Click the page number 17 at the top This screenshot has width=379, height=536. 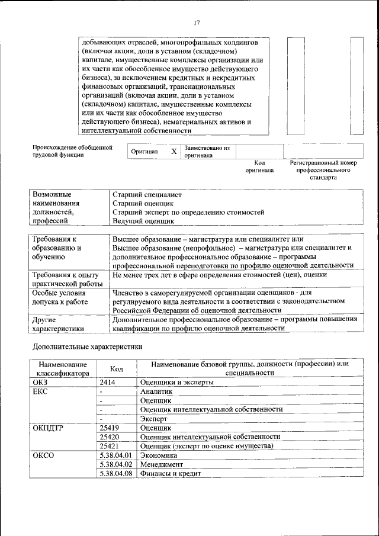click(197, 23)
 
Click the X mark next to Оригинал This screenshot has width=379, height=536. click(174, 152)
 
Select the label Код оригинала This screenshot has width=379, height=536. click(259, 166)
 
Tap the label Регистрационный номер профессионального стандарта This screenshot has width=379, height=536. click(323, 169)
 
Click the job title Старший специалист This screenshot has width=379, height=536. click(147, 194)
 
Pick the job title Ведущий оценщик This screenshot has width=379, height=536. click(143, 221)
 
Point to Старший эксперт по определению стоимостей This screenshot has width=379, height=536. click(188, 212)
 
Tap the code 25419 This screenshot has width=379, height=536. click(110, 428)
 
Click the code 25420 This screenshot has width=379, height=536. click(110, 436)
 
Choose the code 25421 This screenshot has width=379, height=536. click(110, 445)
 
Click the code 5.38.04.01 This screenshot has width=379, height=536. click(116, 456)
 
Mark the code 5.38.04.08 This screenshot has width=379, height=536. click(116, 474)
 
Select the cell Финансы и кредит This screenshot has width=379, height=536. click(171, 474)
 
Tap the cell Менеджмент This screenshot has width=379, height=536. click(161, 465)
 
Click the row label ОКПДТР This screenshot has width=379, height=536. click(50, 428)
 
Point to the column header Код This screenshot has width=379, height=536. click(117, 369)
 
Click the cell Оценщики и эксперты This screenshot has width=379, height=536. click(176, 383)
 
